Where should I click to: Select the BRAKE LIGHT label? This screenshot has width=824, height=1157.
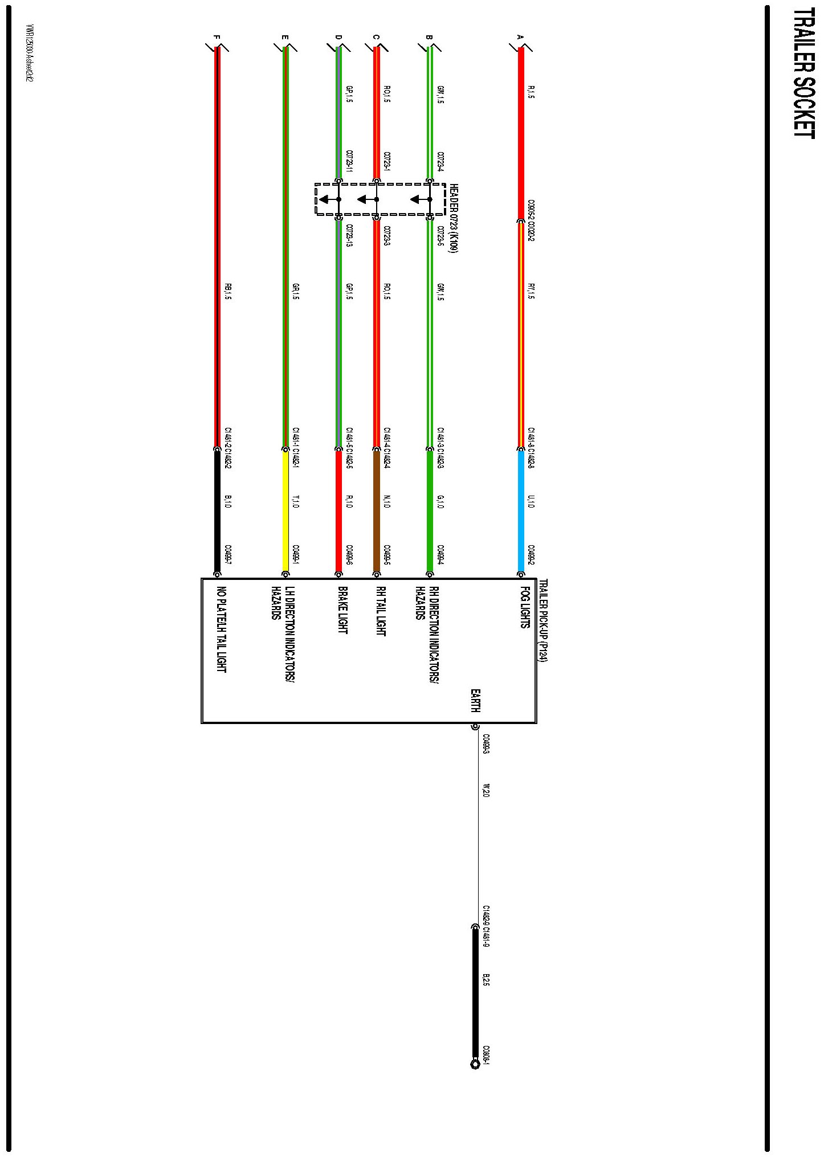point(342,610)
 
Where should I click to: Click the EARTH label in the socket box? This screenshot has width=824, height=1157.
point(475,701)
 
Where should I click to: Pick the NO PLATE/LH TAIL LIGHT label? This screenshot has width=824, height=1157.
point(221,629)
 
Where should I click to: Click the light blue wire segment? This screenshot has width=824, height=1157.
point(521,510)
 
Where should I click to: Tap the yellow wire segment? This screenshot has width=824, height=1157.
point(285,510)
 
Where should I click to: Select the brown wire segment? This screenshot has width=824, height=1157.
point(377,510)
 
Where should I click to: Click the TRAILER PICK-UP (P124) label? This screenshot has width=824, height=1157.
point(543,620)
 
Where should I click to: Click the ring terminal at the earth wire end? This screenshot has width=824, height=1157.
point(475,1064)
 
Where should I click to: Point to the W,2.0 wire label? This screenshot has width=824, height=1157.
point(486,790)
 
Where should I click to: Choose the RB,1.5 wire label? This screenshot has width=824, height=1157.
point(228,291)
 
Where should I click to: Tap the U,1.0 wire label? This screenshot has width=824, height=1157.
point(531,502)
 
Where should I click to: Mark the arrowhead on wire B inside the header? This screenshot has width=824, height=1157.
point(417,199)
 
